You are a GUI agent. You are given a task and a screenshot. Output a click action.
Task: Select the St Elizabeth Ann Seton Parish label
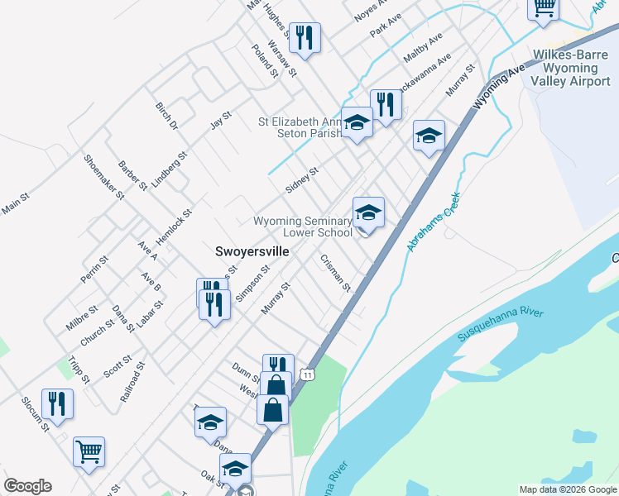299,127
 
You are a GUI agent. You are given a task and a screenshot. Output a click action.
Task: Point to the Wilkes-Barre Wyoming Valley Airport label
572,68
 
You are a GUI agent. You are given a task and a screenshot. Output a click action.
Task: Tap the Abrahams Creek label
433,223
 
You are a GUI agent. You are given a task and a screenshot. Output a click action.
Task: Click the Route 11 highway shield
308,374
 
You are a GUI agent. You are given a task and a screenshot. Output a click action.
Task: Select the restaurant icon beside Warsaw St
304,38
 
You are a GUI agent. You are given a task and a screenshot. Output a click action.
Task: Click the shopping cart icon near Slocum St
89,452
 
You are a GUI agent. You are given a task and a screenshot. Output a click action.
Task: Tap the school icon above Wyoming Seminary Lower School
368,213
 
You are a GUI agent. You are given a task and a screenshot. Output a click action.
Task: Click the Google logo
27,486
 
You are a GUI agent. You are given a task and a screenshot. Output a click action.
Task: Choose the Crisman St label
336,273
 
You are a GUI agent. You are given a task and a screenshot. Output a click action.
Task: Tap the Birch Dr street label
166,117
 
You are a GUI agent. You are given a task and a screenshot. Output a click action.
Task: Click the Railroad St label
132,381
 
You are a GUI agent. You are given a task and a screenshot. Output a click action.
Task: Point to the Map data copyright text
567,489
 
